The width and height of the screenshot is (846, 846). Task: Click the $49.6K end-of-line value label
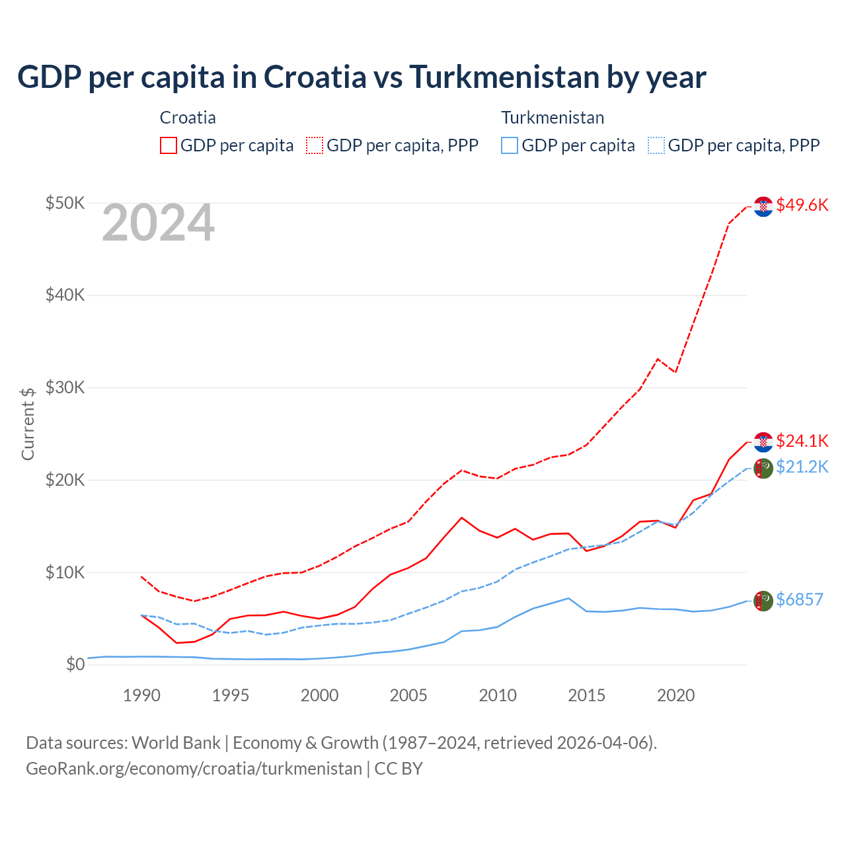[802, 205]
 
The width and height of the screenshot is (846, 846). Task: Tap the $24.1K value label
[802, 441]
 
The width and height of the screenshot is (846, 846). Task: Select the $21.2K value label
[802, 467]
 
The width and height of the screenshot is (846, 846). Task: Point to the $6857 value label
[799, 599]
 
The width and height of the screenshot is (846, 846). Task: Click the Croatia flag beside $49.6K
[763, 206]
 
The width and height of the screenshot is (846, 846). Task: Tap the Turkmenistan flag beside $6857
[763, 601]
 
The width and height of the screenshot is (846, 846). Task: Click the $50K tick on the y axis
[65, 203]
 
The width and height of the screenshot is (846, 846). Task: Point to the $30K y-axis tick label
[65, 387]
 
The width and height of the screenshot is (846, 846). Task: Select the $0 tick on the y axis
[75, 664]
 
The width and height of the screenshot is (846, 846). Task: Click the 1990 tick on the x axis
[141, 695]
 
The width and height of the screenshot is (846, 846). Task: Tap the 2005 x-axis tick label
[408, 695]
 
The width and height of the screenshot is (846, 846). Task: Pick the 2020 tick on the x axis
[675, 695]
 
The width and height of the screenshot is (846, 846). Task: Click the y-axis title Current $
[28, 424]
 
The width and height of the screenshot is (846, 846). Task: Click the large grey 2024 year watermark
[158, 223]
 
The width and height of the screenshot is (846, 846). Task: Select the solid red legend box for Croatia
[169, 145]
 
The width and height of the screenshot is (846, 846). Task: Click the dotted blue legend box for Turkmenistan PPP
[656, 145]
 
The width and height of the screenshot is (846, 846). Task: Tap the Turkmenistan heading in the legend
[553, 118]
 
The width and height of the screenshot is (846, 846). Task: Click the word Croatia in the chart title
[315, 77]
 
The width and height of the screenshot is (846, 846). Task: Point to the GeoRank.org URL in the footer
[194, 769]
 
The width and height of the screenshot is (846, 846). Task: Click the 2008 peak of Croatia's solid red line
[461, 518]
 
